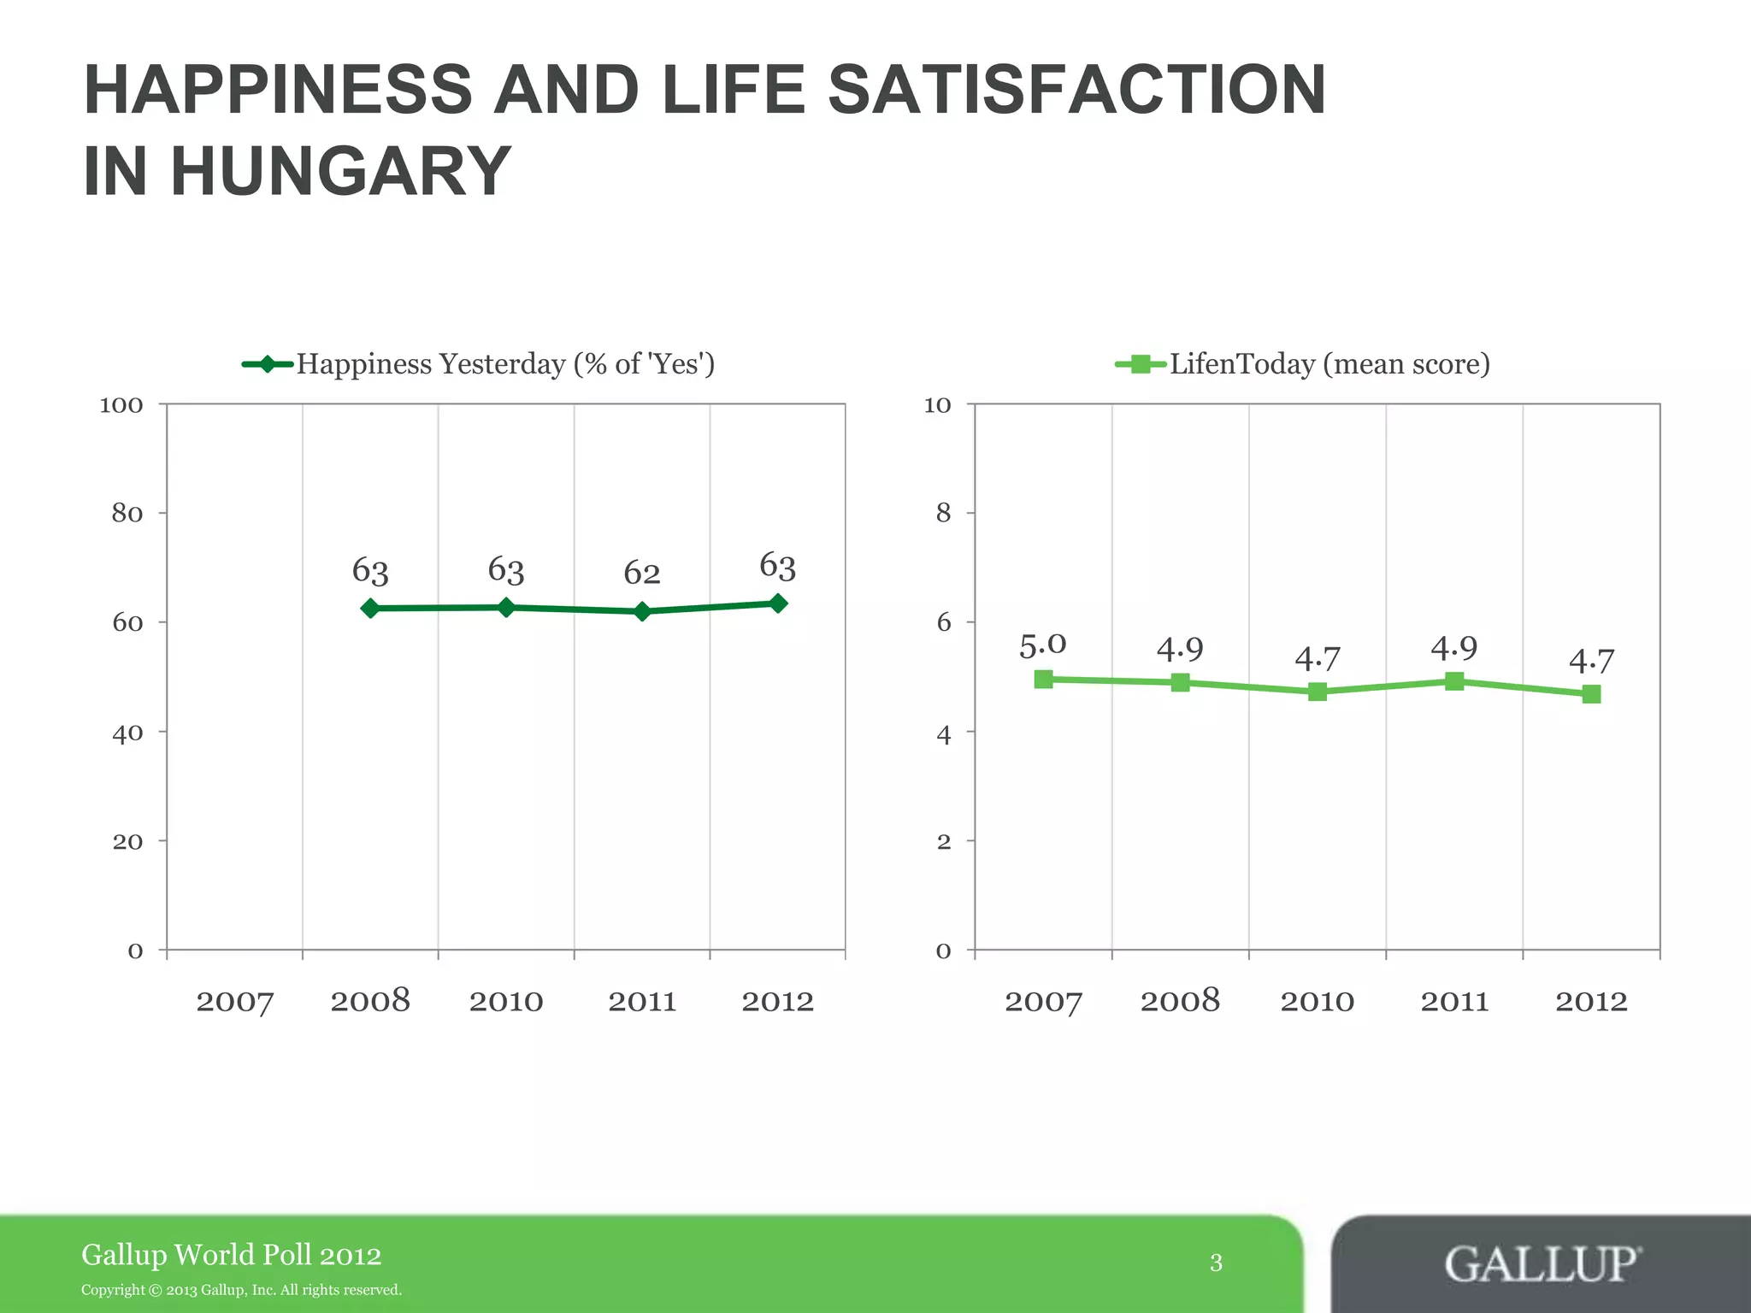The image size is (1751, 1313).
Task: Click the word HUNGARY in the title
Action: click(340, 172)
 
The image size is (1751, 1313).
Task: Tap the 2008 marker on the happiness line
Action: click(370, 609)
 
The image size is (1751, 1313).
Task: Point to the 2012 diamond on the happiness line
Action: click(778, 604)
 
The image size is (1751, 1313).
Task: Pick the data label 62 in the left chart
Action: click(642, 573)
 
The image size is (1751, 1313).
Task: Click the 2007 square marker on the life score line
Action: click(1043, 680)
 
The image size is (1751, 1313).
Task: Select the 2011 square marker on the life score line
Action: click(1454, 681)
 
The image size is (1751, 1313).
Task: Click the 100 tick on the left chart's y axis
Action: click(121, 405)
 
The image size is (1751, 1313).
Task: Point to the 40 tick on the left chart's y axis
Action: click(127, 733)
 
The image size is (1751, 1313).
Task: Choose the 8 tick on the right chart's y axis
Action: click(943, 513)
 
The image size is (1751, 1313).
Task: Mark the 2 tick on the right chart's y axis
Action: click(943, 842)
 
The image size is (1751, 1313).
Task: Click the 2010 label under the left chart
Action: click(506, 1001)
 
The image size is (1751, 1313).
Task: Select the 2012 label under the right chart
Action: click(1591, 1001)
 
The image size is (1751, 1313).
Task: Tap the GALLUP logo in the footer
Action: click(1542, 1263)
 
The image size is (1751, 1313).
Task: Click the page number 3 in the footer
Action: click(1216, 1263)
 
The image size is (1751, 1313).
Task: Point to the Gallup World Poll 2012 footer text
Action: click(231, 1255)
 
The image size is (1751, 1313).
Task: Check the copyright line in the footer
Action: click(241, 1290)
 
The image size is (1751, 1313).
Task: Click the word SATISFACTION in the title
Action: click(1077, 90)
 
